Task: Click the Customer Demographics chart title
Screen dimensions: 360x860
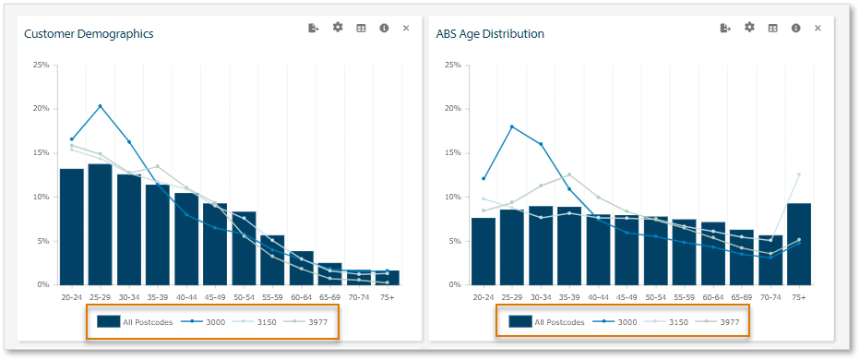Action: [89, 34]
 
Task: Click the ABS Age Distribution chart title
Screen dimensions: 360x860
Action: [490, 34]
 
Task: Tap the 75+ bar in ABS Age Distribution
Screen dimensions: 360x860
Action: [798, 244]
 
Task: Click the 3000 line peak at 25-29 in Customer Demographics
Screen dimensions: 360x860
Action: [100, 106]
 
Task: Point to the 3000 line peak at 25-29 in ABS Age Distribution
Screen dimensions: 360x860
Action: [512, 126]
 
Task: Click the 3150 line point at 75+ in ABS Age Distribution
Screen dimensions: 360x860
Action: [798, 174]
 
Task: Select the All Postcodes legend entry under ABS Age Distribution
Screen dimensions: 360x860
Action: [546, 322]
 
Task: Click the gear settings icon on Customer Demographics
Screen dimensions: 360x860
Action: [338, 28]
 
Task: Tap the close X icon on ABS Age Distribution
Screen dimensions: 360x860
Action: [818, 29]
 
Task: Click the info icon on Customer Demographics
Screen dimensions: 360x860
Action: [383, 29]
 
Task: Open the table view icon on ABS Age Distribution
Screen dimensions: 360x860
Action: [772, 29]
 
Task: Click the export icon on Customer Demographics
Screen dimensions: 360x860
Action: [314, 29]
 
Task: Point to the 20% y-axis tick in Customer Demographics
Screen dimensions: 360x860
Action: [41, 109]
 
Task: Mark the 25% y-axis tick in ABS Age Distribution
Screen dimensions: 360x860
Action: [452, 66]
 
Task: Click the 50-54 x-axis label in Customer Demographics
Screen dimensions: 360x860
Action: [244, 297]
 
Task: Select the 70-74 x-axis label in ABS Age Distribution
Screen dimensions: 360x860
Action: [770, 297]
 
